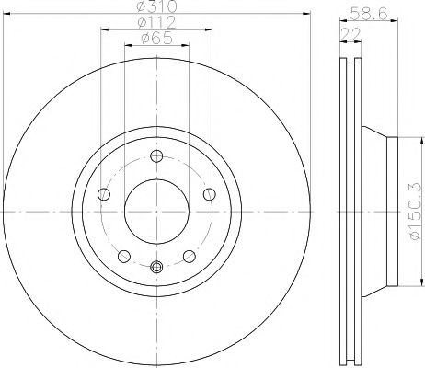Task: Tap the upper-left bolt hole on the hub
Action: [x=101, y=193]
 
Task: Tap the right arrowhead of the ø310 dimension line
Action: [x=301, y=16]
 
